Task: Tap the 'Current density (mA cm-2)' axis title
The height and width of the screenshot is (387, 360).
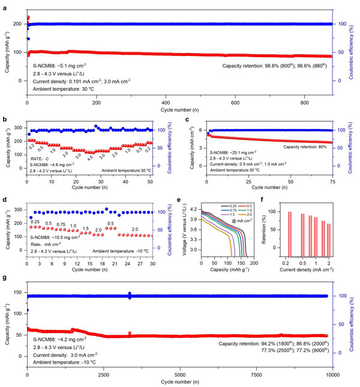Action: [x=306, y=274]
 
